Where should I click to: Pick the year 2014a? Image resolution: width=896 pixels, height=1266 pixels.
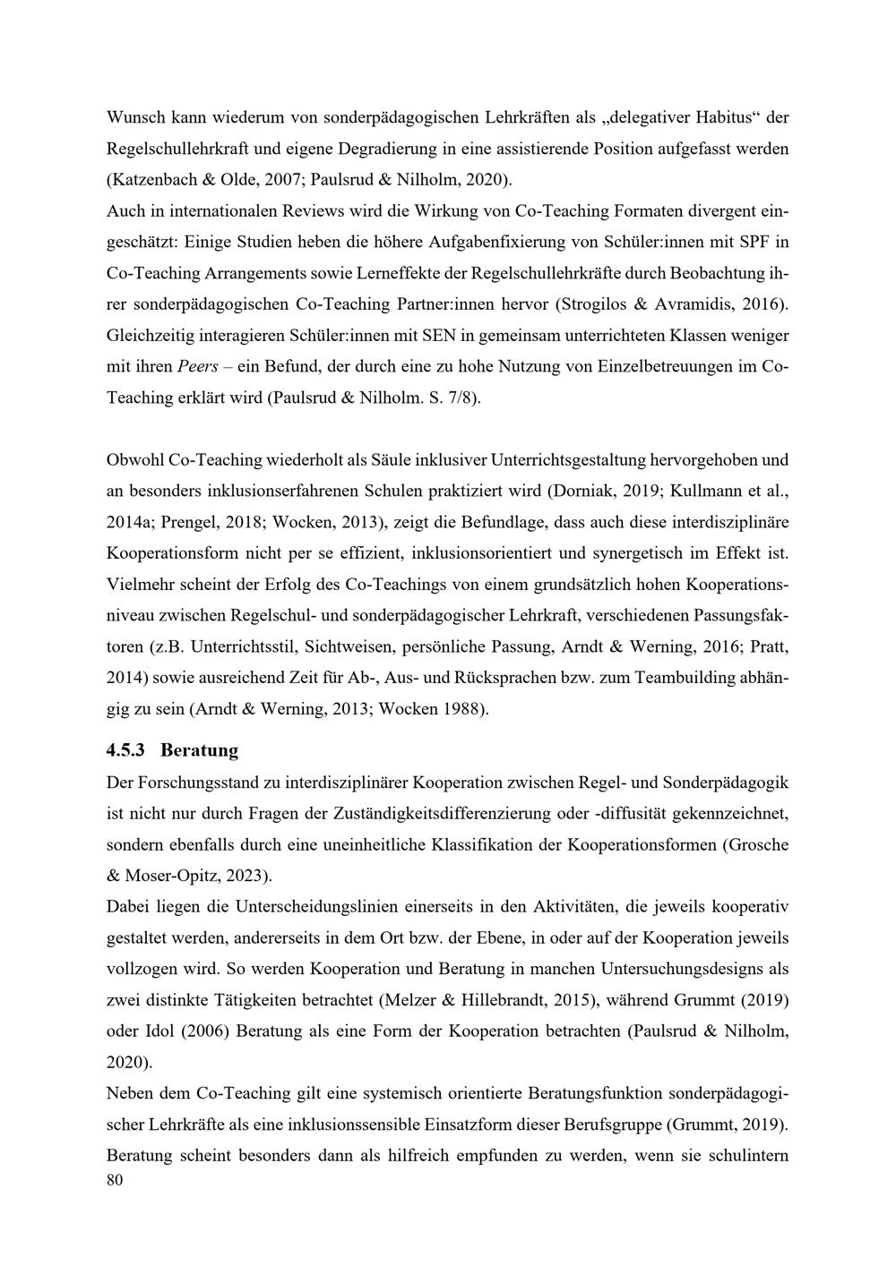click(130, 523)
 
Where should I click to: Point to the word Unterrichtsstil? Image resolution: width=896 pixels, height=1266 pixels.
click(237, 647)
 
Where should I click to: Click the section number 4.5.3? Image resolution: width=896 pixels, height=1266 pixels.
click(125, 749)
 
